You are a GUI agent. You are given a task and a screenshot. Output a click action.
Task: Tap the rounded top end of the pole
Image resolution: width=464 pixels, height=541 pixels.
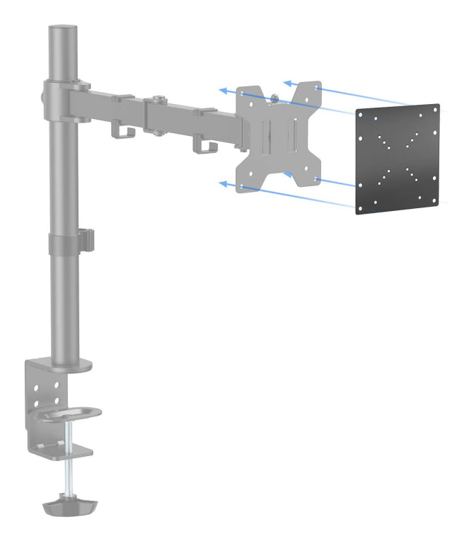[62, 30]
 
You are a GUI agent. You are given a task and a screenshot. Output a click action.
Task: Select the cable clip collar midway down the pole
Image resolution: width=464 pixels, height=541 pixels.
[70, 241]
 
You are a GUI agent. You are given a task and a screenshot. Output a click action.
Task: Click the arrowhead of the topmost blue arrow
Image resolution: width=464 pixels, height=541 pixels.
[286, 83]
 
